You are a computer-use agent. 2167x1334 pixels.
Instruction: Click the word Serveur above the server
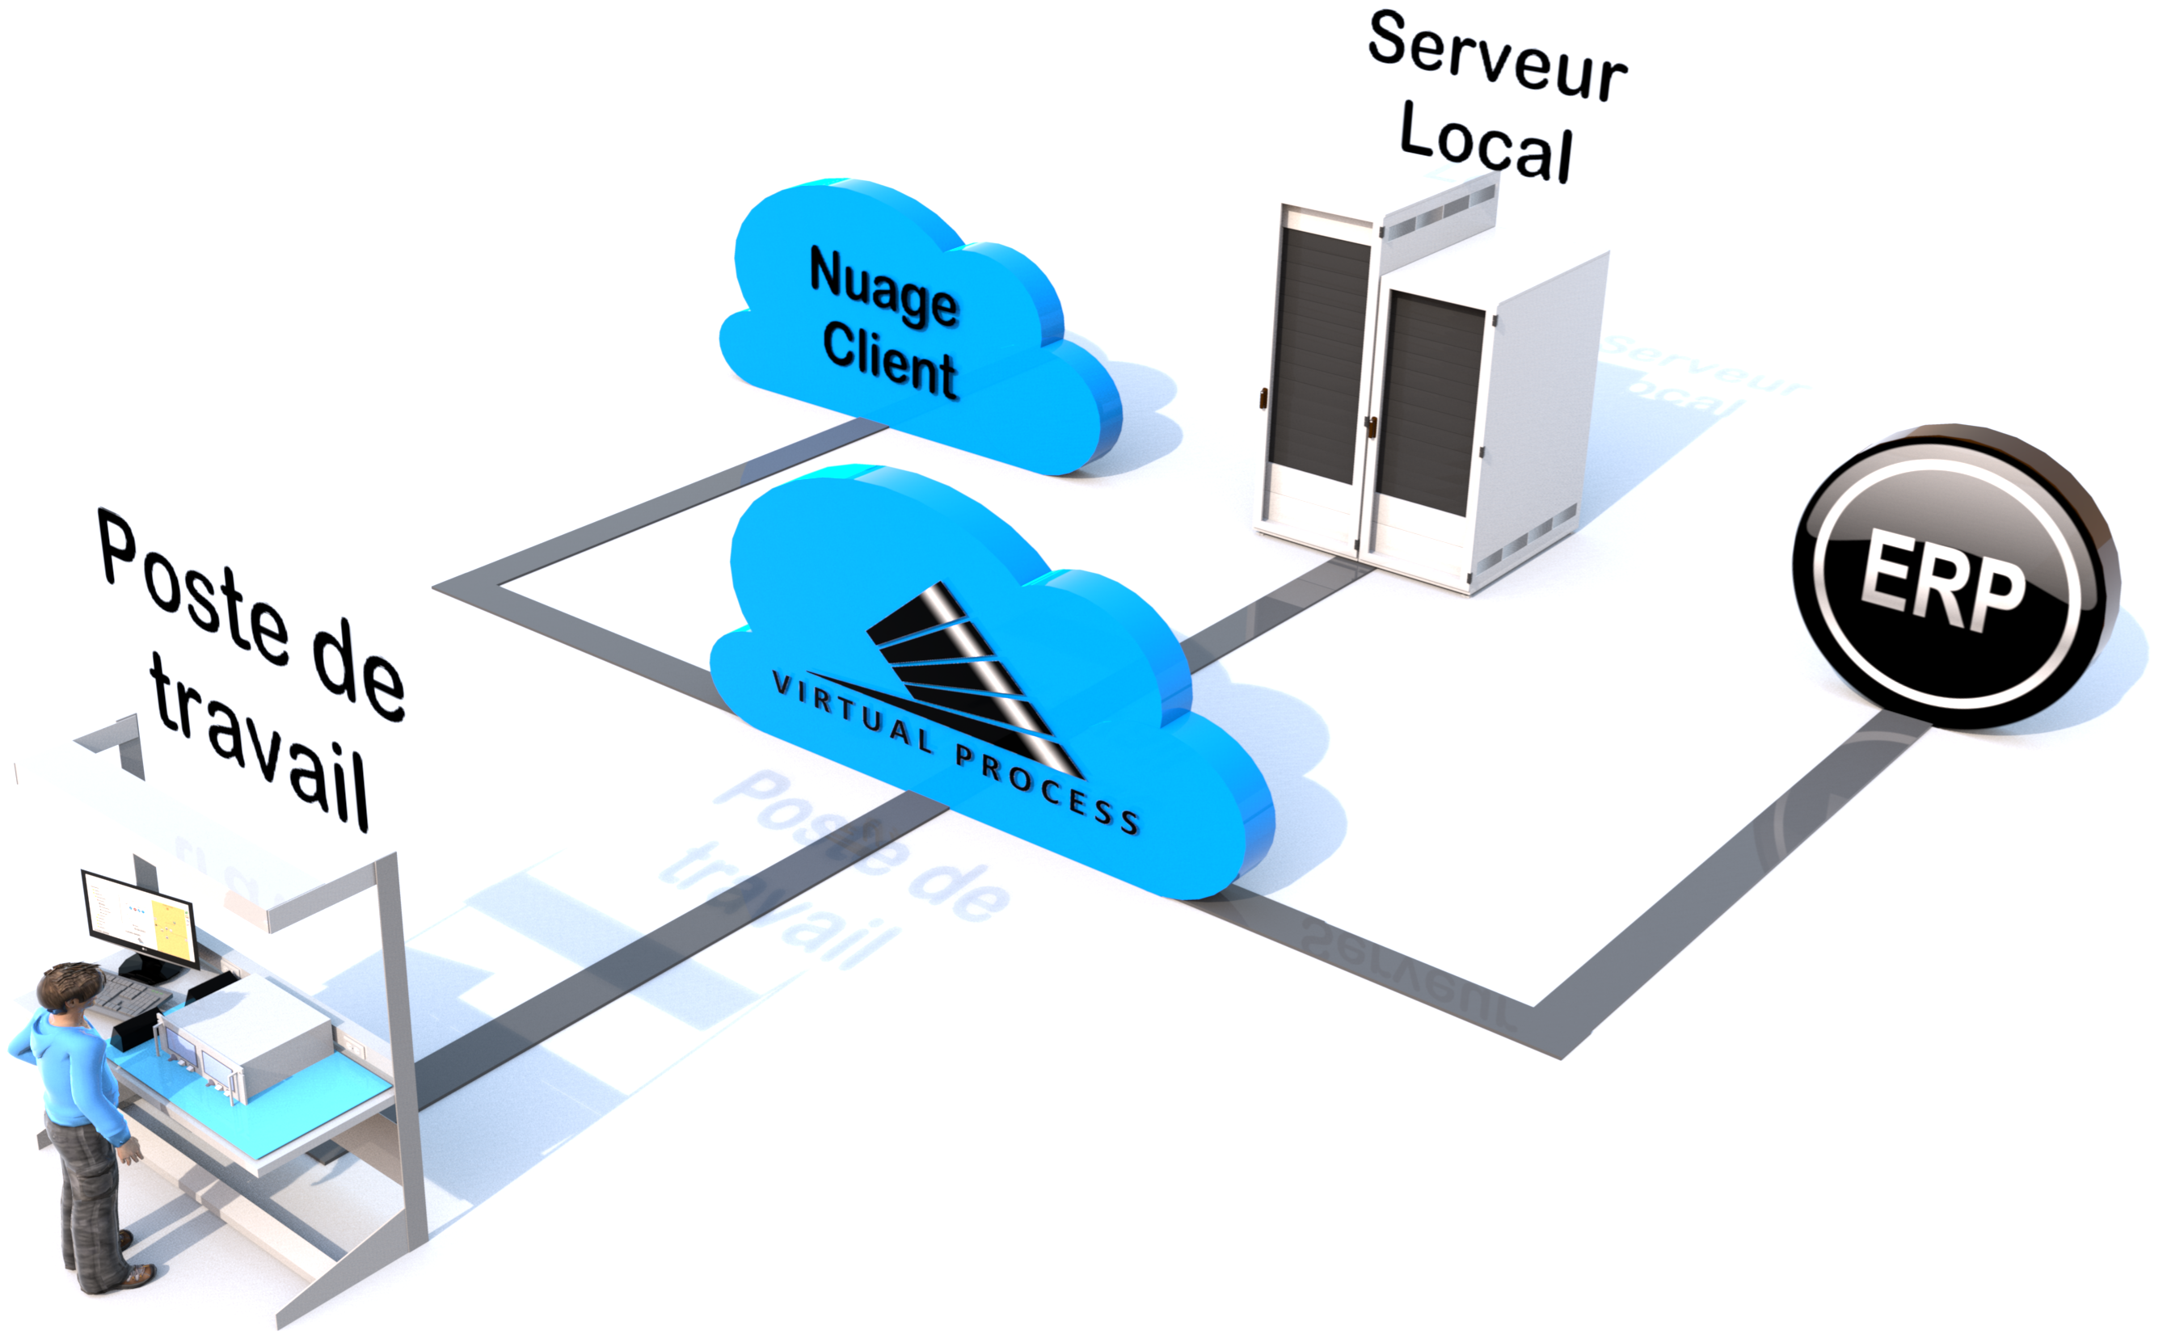point(1497,55)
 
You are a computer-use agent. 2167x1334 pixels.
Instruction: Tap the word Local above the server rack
point(1486,141)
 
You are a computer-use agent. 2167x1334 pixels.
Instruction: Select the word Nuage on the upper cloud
point(883,287)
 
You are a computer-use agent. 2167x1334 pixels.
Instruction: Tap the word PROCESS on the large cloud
point(1048,788)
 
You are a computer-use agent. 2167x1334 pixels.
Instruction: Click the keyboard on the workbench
point(133,996)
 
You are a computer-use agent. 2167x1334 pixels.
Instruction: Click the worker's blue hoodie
point(70,1072)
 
